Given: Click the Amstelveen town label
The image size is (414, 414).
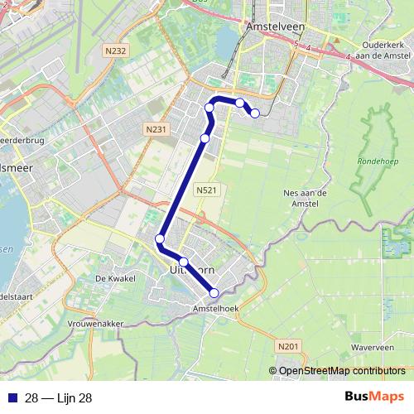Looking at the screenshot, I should pyautogui.click(x=272, y=27).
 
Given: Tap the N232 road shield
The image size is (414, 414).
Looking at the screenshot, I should pyautogui.click(x=116, y=51).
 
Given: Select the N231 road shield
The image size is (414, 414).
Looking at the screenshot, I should pyautogui.click(x=154, y=129).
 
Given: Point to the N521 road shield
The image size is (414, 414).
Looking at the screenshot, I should pyautogui.click(x=207, y=190).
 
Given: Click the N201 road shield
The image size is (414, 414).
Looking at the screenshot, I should pyautogui.click(x=288, y=346).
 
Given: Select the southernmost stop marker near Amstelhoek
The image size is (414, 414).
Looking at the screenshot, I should pyautogui.click(x=214, y=292).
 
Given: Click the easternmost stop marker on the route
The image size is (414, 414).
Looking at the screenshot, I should pyautogui.click(x=255, y=113).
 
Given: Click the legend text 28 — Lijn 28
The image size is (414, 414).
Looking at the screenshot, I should pyautogui.click(x=58, y=398).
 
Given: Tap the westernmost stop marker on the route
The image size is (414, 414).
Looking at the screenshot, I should pyautogui.click(x=160, y=239).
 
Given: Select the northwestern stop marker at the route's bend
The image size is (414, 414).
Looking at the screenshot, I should pyautogui.click(x=209, y=108).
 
